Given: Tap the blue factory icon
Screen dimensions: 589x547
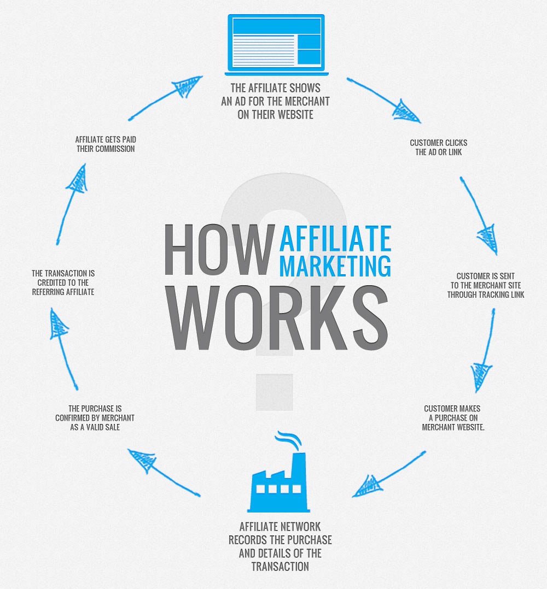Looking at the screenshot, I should click(277, 484).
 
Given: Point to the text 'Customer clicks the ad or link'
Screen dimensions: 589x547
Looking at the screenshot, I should click(439, 148).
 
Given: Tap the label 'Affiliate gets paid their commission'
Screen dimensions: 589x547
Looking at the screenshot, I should click(105, 144).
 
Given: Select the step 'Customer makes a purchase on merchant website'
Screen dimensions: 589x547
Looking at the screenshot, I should click(453, 418).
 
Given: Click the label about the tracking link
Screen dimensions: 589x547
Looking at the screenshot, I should click(486, 286).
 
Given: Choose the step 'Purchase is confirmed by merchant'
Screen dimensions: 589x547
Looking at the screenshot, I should click(95, 418).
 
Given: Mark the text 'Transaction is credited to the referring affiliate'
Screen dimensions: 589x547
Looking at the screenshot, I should click(63, 282).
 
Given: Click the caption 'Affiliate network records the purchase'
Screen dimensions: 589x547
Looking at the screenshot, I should click(280, 546).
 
